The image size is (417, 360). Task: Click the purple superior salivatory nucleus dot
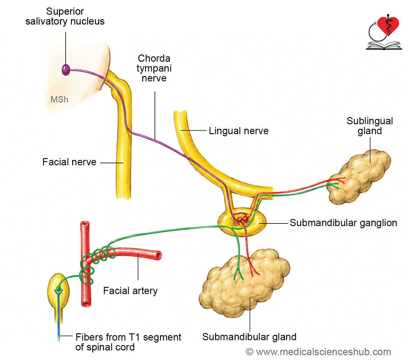(66, 70)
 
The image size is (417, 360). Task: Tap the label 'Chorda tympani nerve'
(154, 68)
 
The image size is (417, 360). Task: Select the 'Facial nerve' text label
(69, 162)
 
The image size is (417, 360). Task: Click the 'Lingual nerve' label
(239, 131)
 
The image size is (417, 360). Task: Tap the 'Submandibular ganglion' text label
(343, 223)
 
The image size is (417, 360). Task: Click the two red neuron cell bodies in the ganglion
(242, 219)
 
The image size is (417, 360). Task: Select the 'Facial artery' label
(130, 291)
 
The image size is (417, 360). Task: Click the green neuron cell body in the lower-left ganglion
(58, 289)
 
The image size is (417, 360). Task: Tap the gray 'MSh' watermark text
(59, 99)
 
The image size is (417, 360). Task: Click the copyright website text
(318, 352)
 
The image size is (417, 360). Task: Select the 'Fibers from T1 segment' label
(128, 337)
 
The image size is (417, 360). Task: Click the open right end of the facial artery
(159, 255)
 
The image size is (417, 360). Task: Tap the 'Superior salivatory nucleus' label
(65, 16)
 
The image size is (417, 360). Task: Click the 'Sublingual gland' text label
(370, 126)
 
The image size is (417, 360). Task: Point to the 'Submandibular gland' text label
(249, 337)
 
